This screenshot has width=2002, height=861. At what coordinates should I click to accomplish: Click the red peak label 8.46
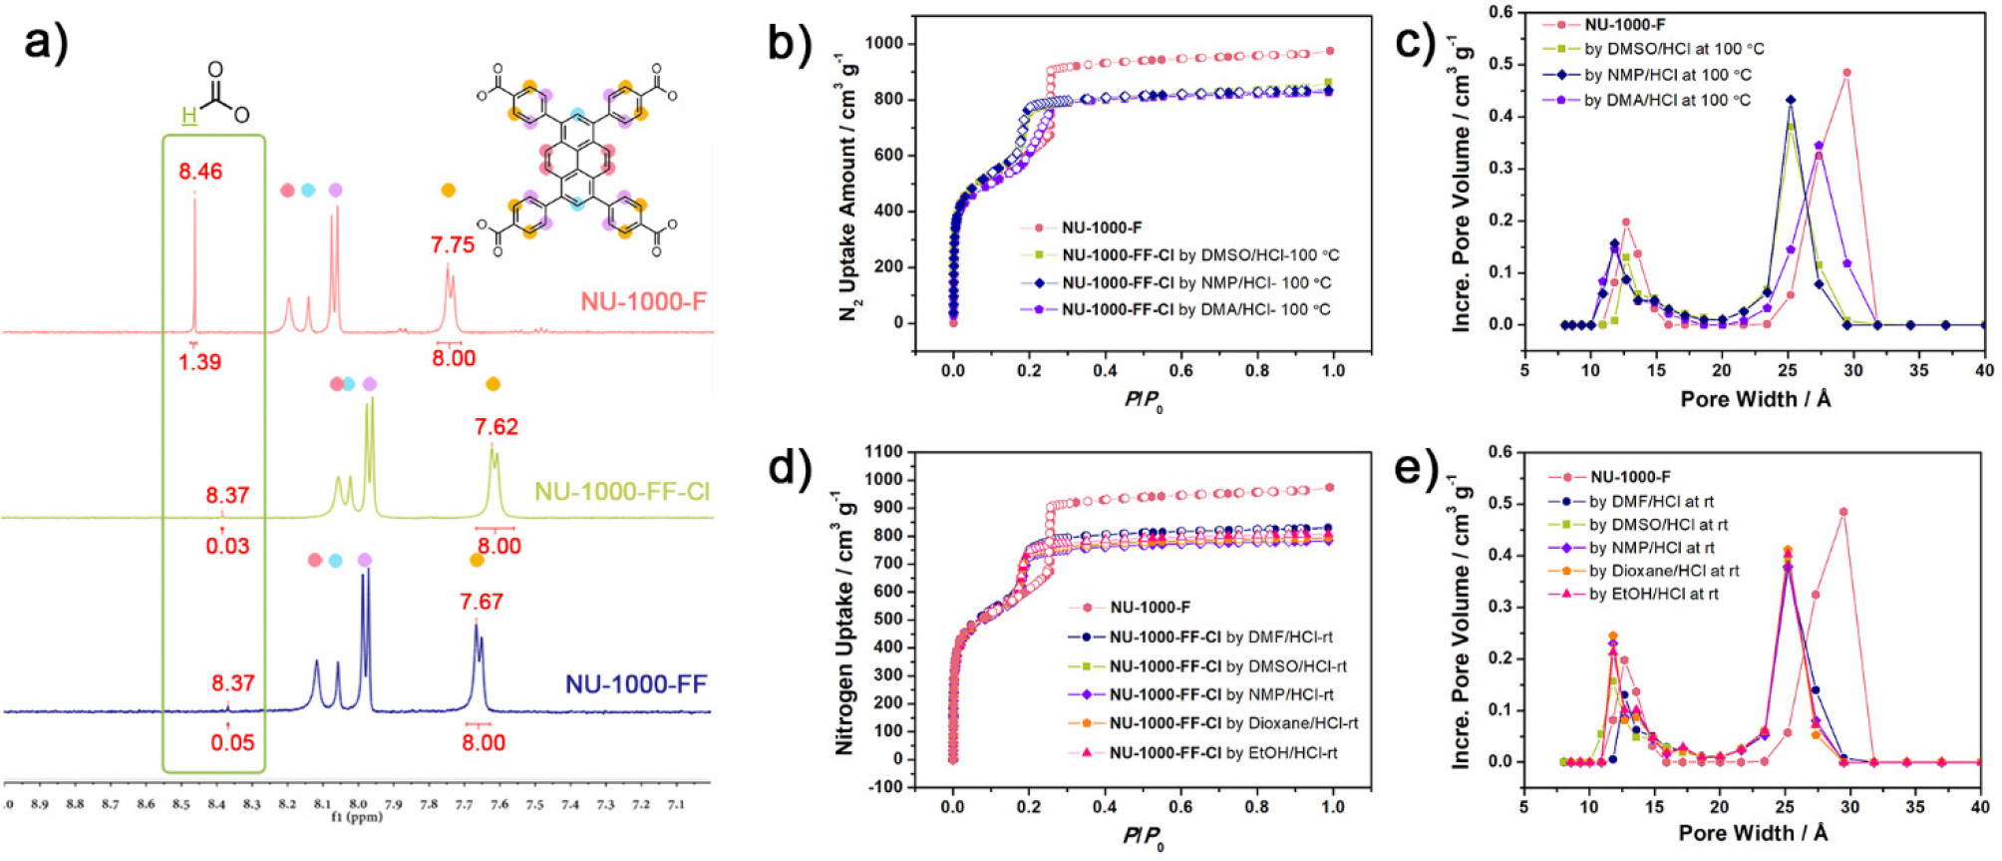pyautogui.click(x=200, y=172)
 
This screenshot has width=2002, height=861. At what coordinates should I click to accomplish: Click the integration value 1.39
pyautogui.click(x=199, y=361)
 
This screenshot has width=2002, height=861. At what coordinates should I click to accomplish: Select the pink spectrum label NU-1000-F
pyautogui.click(x=643, y=300)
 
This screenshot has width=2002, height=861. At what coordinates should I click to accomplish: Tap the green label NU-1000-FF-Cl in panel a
pyautogui.click(x=622, y=491)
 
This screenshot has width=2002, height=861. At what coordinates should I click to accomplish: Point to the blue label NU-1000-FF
pyautogui.click(x=636, y=683)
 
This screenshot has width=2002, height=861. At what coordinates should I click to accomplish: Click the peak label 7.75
pyautogui.click(x=453, y=245)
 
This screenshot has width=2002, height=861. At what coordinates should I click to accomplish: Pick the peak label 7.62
pyautogui.click(x=496, y=427)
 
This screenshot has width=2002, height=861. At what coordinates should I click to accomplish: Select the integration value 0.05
pyautogui.click(x=232, y=742)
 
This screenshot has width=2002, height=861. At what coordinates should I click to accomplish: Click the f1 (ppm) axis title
pyautogui.click(x=357, y=816)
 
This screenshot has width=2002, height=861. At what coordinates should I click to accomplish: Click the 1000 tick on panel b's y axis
pyautogui.click(x=883, y=44)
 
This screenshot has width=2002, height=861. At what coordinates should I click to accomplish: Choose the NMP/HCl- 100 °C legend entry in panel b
pyautogui.click(x=1196, y=282)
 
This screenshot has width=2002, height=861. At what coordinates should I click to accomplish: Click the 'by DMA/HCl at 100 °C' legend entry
pyautogui.click(x=1667, y=100)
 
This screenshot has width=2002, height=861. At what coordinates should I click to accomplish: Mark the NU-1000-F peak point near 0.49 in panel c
pyautogui.click(x=1846, y=73)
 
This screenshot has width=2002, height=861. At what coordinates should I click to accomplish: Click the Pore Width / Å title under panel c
pyautogui.click(x=1755, y=399)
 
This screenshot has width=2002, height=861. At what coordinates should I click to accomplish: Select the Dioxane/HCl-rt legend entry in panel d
pyautogui.click(x=1233, y=723)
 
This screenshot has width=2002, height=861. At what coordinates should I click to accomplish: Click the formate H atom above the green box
pyautogui.click(x=188, y=116)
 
